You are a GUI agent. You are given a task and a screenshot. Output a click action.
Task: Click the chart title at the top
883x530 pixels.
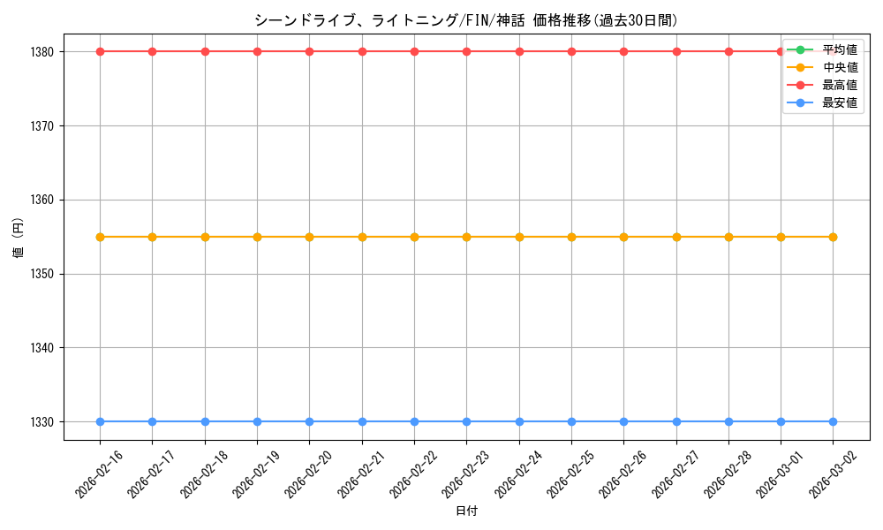pyautogui.click(x=466, y=20)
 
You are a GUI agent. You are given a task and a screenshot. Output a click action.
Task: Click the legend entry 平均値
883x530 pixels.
pyautogui.click(x=839, y=49)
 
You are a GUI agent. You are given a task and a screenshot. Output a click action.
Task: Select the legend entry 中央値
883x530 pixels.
pyautogui.click(x=839, y=67)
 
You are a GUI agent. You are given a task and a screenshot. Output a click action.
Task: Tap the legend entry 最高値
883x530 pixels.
pyautogui.click(x=839, y=85)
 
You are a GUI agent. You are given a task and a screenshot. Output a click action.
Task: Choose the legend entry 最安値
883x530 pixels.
pyautogui.click(x=839, y=103)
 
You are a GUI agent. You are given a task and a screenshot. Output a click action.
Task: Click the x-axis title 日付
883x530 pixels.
pyautogui.click(x=466, y=511)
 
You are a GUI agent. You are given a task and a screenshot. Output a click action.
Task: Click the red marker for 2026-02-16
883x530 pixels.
pyautogui.click(x=100, y=51)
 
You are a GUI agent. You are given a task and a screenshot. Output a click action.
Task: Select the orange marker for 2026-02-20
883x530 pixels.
pyautogui.click(x=309, y=237)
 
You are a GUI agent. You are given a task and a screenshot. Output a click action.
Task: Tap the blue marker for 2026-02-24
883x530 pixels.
pyautogui.click(x=519, y=421)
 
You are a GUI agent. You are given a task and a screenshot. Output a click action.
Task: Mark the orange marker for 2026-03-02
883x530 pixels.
pyautogui.click(x=833, y=237)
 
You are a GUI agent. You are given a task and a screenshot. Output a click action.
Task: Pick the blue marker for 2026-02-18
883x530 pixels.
pyautogui.click(x=205, y=421)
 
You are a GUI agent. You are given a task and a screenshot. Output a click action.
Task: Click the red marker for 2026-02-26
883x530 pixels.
pyautogui.click(x=623, y=51)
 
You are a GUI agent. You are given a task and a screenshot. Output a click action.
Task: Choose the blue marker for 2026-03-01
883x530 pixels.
pyautogui.click(x=781, y=421)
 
